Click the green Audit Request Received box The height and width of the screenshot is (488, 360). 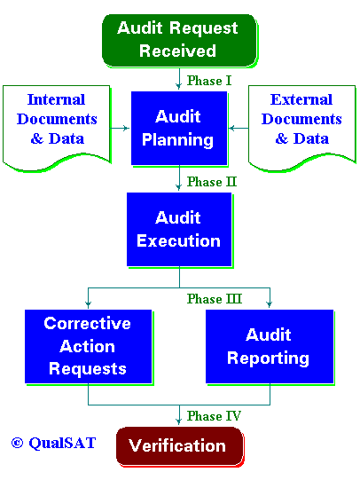point(180,41)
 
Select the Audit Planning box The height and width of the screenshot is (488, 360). point(179,129)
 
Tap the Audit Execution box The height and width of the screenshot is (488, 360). point(179,230)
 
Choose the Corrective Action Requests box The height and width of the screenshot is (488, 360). point(89,346)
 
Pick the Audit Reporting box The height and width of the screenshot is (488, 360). point(270,346)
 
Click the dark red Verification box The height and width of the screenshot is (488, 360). point(180,446)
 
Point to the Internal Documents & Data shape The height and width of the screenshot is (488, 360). point(57,128)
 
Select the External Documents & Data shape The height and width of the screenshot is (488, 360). point(301,128)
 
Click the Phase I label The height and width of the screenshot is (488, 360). point(209,81)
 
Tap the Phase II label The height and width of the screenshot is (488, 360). point(212,182)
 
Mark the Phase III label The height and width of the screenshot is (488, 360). point(214,299)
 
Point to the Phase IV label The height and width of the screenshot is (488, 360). point(214,416)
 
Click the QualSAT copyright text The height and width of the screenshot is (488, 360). point(53,443)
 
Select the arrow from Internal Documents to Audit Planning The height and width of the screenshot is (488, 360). point(120,128)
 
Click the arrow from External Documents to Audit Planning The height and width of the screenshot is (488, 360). point(239,128)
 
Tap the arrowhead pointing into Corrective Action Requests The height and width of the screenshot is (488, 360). point(89,304)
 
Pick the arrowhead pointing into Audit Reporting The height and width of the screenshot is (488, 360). point(270,304)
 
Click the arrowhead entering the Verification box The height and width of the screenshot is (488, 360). point(179,421)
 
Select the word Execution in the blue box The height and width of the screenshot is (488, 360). point(178,240)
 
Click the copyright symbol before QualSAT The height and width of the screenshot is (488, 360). point(17,443)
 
